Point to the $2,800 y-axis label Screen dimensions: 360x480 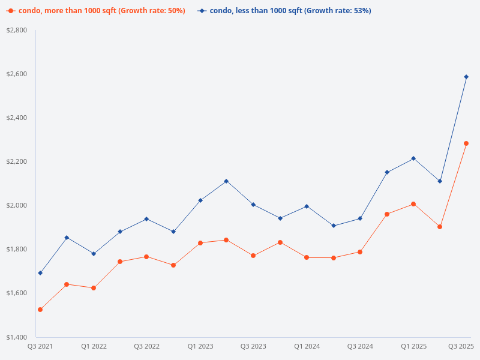pyautogui.click(x=16, y=30)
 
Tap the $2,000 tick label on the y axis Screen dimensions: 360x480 pyautogui.click(x=16, y=205)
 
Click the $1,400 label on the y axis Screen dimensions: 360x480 pyautogui.click(x=16, y=337)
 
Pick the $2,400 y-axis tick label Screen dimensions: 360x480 pyautogui.click(x=16, y=118)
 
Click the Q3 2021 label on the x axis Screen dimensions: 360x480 pyautogui.click(x=40, y=346)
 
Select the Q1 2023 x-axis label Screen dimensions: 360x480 pyautogui.click(x=200, y=346)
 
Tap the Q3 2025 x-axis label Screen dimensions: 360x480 pyautogui.click(x=461, y=346)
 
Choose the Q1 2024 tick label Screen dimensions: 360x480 pyautogui.click(x=307, y=346)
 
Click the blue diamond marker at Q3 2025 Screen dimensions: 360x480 pyautogui.click(x=466, y=77)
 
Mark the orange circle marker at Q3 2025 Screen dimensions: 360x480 pyautogui.click(x=466, y=143)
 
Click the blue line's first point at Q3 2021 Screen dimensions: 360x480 pyautogui.click(x=40, y=273)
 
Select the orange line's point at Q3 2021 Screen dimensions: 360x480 pyautogui.click(x=40, y=310)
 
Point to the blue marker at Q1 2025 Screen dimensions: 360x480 pyautogui.click(x=413, y=158)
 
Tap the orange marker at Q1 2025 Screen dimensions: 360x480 pyautogui.click(x=413, y=204)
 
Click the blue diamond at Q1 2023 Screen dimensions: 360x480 pyautogui.click(x=200, y=200)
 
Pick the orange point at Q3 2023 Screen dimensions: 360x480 pyautogui.click(x=253, y=256)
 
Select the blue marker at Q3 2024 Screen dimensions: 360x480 pyautogui.click(x=360, y=218)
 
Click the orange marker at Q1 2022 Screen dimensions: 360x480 pyautogui.click(x=94, y=288)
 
